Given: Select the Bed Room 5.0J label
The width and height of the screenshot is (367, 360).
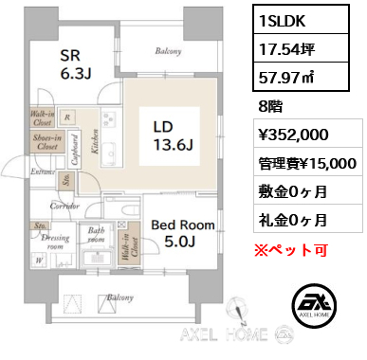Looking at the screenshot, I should click(x=182, y=233).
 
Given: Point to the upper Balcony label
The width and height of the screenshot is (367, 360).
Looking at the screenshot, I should click(x=168, y=50).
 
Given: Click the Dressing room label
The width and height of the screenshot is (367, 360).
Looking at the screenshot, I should click(x=52, y=242).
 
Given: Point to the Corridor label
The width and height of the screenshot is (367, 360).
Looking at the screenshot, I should click(x=64, y=204).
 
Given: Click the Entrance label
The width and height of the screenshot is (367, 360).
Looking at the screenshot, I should click(x=42, y=171).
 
